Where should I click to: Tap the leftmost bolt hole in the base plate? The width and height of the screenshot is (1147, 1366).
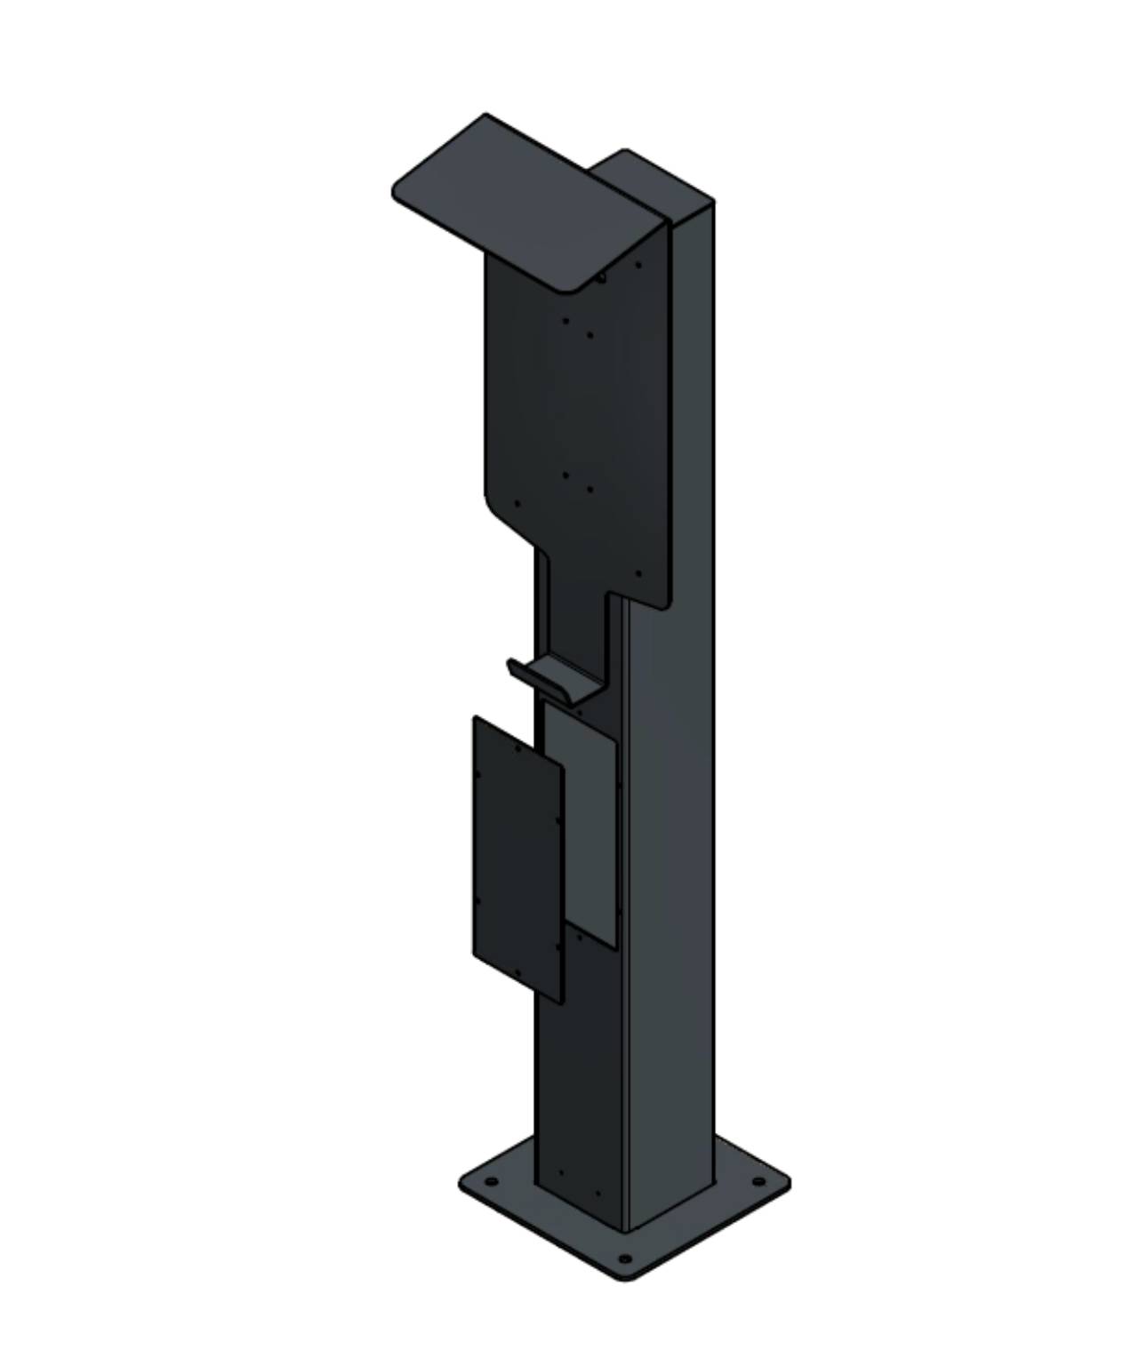tap(489, 1183)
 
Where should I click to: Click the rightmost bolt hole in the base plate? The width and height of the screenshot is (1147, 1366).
tap(757, 1181)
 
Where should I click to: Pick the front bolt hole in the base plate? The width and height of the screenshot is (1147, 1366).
tap(625, 1258)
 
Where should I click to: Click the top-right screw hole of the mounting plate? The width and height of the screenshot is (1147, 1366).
tap(638, 264)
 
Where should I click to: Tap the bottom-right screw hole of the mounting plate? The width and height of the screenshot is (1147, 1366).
tap(637, 574)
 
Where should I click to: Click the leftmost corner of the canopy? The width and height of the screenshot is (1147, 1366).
tap(395, 189)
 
